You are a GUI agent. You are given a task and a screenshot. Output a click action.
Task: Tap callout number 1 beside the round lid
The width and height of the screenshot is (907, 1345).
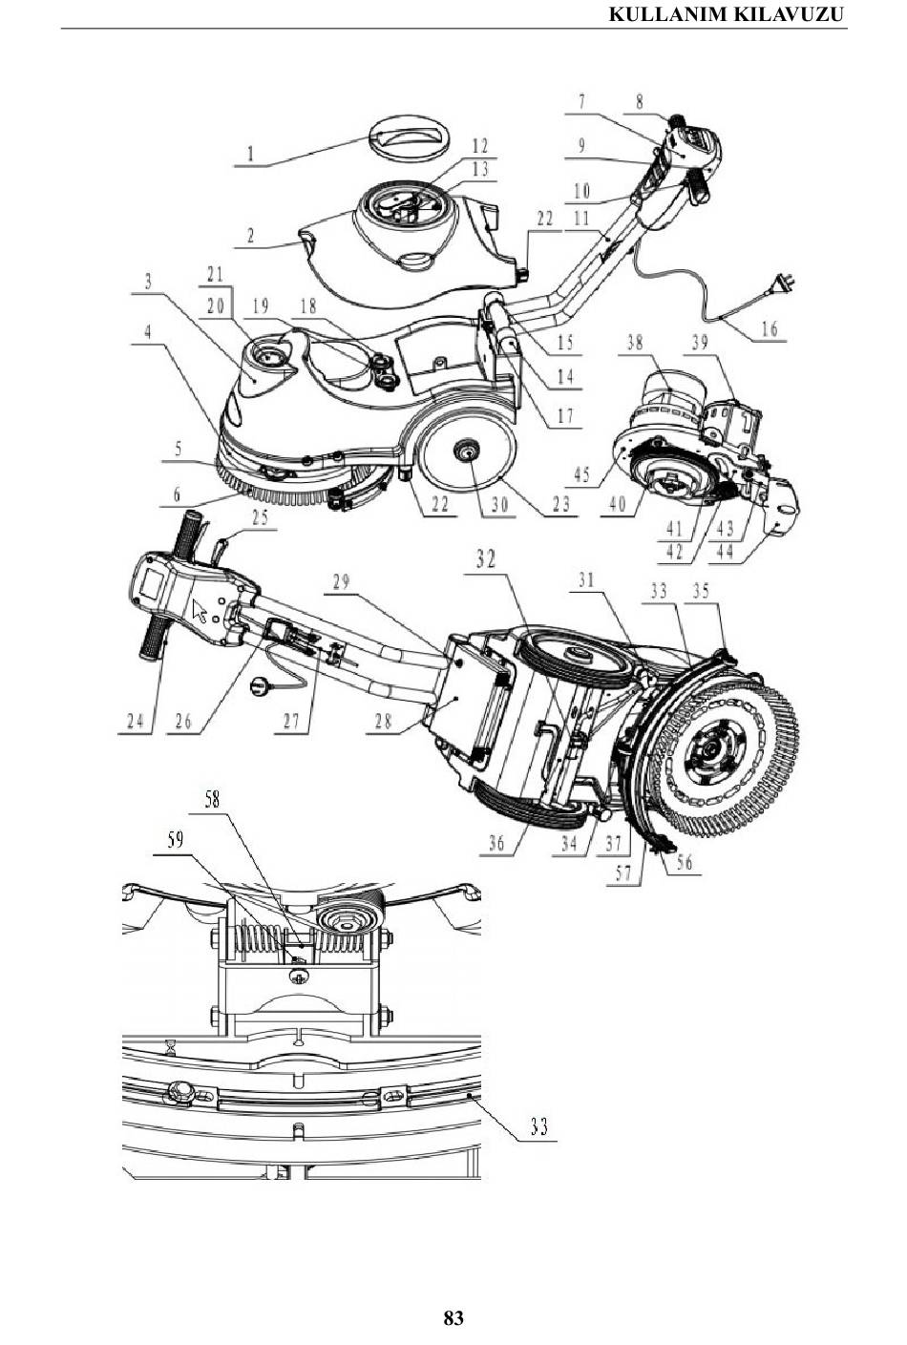[251, 155]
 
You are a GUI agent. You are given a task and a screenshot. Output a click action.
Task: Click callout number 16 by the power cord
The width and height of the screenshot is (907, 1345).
[770, 328]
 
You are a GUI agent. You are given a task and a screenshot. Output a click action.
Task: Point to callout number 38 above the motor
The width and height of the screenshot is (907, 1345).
[635, 343]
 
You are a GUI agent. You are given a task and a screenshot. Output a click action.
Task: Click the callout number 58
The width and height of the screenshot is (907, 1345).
[213, 800]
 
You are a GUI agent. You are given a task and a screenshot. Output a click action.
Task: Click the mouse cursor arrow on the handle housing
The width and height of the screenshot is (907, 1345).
[200, 611]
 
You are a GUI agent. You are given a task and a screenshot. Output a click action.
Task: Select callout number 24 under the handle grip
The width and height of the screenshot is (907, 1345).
[136, 721]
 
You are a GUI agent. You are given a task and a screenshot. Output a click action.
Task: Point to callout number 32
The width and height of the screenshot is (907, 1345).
[486, 559]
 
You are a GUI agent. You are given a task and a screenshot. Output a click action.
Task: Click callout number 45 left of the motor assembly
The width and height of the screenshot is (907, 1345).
[581, 474]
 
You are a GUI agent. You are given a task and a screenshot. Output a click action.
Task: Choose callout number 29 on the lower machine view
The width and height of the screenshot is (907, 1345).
[341, 582]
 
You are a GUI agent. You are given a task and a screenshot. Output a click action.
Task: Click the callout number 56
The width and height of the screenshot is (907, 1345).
[685, 862]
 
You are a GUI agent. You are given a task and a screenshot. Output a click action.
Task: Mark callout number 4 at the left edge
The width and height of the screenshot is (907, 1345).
[148, 332]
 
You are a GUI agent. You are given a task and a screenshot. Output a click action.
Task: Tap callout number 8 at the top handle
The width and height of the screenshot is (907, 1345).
[639, 102]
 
